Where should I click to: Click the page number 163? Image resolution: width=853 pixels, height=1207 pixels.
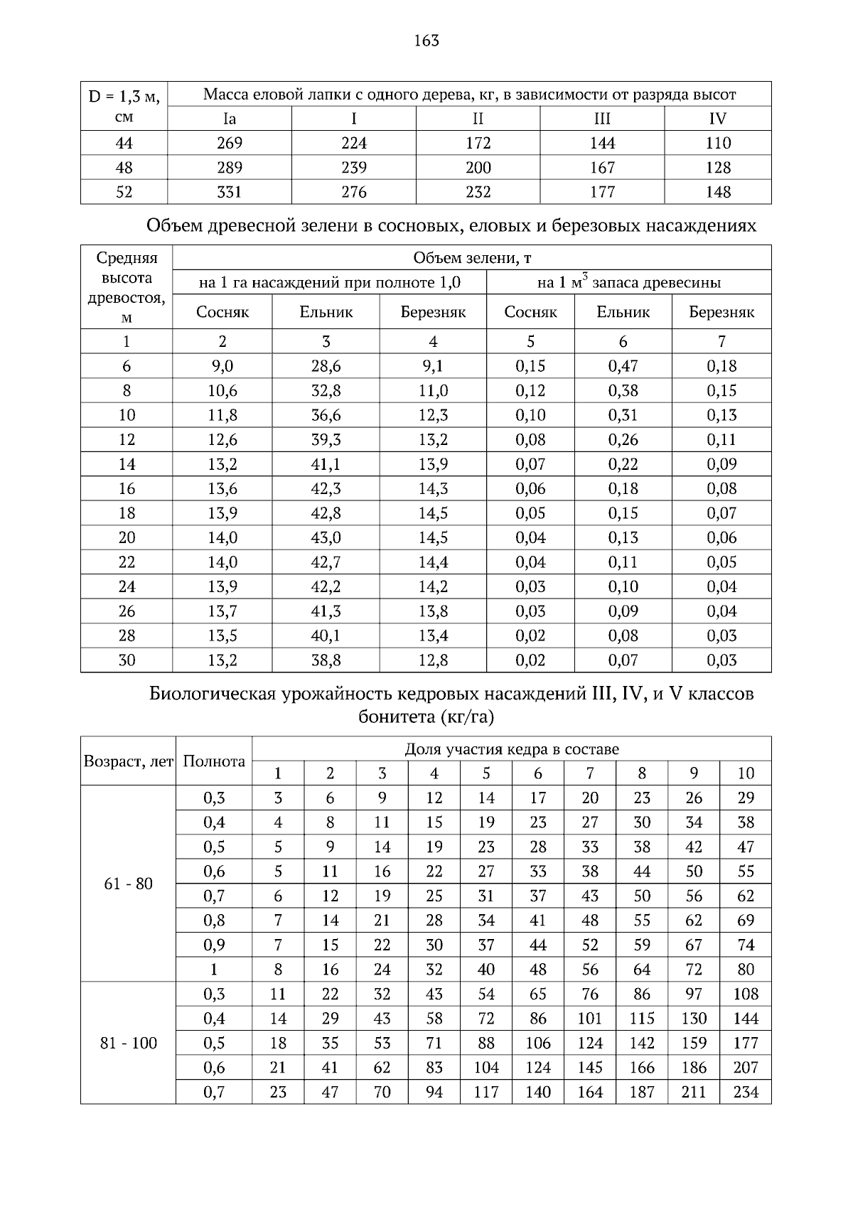tap(426, 41)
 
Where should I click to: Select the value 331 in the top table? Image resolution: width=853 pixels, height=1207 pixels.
tap(230, 192)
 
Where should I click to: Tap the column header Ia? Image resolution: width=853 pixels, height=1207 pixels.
tap(230, 119)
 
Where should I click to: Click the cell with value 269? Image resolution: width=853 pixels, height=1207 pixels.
tap(230, 144)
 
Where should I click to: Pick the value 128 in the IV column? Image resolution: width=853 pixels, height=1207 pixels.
tap(718, 168)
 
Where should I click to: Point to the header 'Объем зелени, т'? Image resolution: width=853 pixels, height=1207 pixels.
tap(472, 257)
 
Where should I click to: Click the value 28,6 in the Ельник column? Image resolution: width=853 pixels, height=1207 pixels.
tap(326, 366)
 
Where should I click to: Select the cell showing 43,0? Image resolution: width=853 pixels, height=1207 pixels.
tap(326, 537)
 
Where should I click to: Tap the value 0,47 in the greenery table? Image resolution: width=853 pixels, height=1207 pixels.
tap(623, 366)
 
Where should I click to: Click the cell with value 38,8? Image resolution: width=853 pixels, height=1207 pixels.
tap(326, 660)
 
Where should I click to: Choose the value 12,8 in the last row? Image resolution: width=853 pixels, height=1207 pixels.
tap(433, 660)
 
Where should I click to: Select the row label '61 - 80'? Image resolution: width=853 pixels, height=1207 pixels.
tap(129, 884)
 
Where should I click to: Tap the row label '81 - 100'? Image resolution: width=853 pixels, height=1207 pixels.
tap(129, 1044)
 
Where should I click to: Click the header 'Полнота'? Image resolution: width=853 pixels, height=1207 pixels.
tap(214, 761)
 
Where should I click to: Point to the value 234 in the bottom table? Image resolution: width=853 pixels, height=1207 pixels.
tap(746, 1092)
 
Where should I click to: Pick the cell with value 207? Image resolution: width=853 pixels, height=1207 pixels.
tap(746, 1068)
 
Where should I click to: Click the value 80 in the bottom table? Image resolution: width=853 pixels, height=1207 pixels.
tap(746, 970)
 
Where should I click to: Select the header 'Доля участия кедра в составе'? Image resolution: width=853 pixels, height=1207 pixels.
tap(512, 749)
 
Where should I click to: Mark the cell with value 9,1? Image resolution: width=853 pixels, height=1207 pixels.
tap(433, 366)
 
